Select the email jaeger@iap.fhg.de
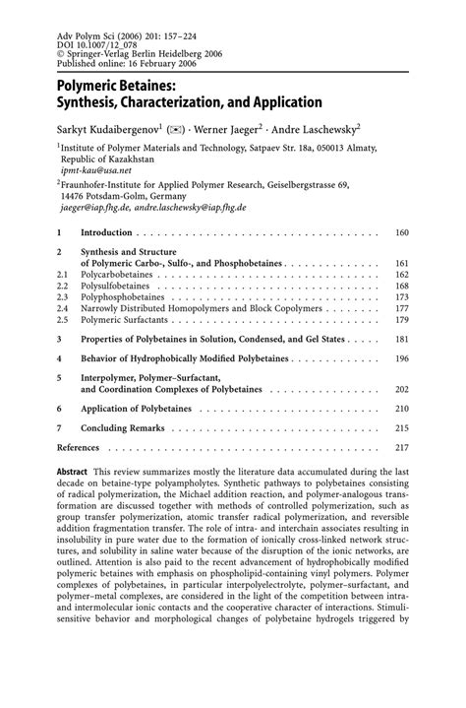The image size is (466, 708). click(x=94, y=209)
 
